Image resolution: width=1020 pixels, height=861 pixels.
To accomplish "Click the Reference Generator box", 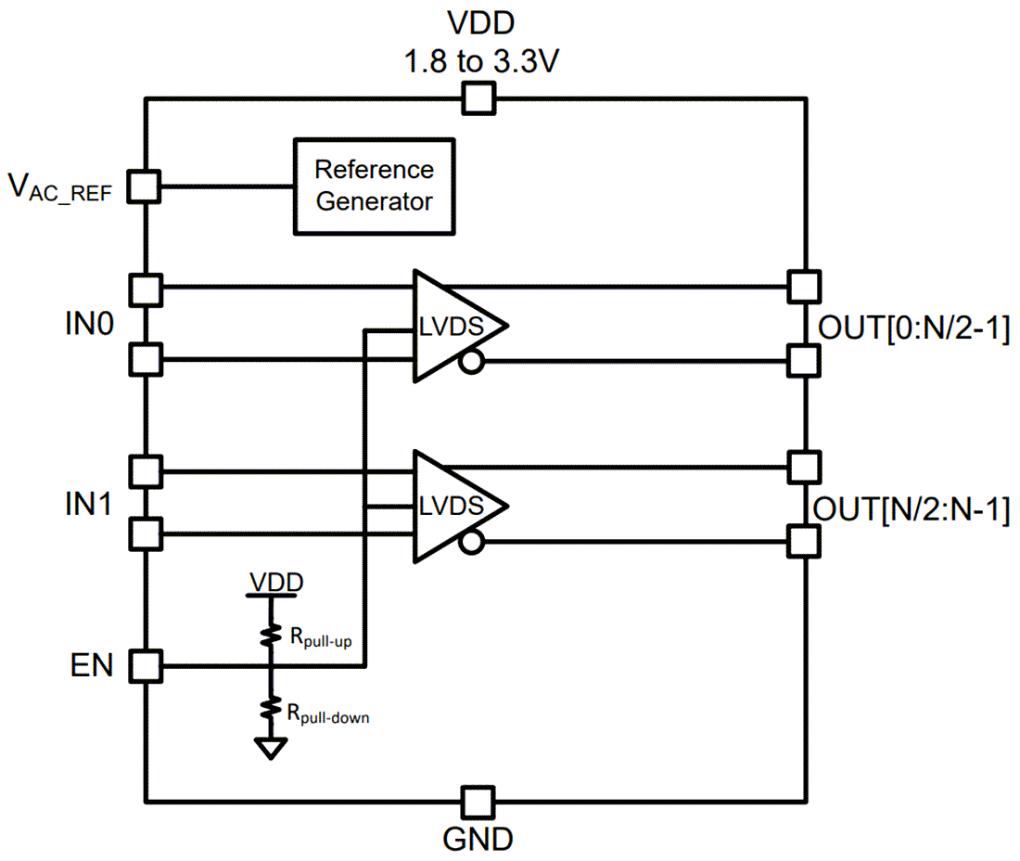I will (374, 186).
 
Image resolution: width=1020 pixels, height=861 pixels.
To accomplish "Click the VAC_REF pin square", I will (145, 186).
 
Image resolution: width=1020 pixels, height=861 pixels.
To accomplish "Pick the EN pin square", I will (145, 666).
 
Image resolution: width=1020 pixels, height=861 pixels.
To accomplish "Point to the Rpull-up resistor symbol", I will (271, 636).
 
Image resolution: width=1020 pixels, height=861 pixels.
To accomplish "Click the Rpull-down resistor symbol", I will (271, 709).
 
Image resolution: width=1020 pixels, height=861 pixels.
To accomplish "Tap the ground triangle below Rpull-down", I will (271, 748).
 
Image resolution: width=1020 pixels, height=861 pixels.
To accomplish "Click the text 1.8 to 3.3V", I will (479, 63).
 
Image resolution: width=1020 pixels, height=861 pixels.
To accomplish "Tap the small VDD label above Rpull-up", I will (275, 583).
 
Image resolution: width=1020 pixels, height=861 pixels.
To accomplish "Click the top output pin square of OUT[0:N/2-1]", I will (803, 286).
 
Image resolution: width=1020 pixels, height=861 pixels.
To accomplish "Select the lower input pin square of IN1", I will (145, 533).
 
